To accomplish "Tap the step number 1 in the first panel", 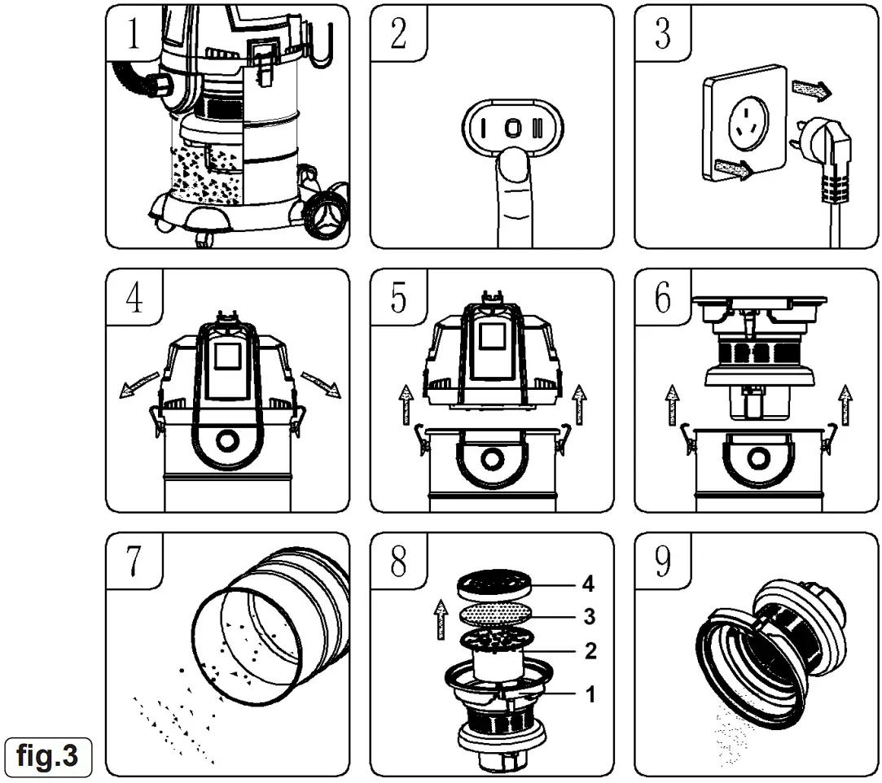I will coord(134,34).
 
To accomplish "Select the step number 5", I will coord(398,299).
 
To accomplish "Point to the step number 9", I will coord(663,562).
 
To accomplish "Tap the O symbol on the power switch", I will coord(511,129).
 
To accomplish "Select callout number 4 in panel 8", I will coord(588,584).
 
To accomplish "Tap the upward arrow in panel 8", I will coord(441,619).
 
